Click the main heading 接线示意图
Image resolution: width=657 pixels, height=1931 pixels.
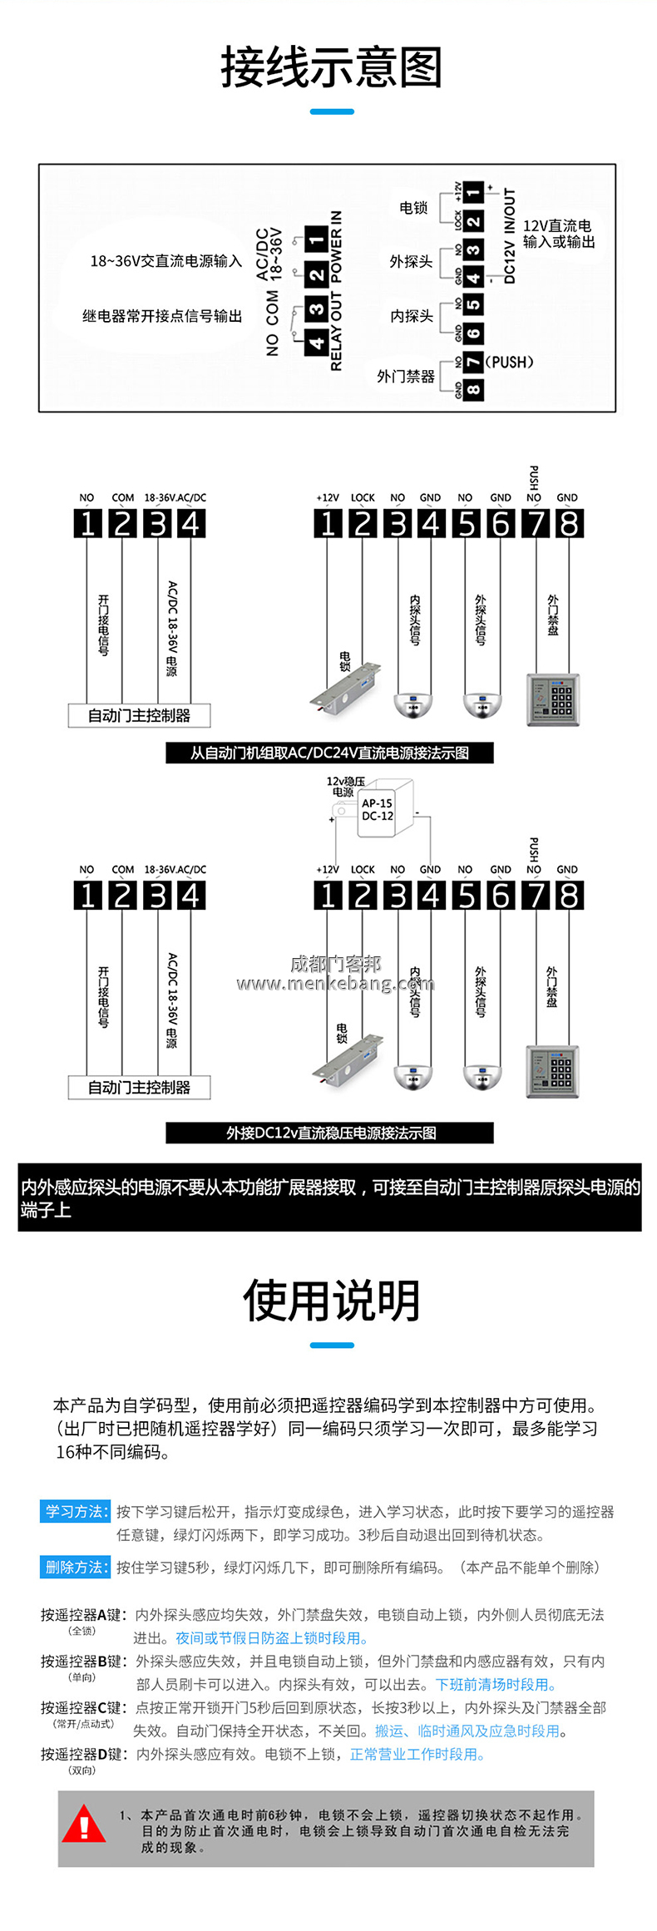331,67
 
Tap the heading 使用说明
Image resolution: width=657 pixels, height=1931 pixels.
331,1301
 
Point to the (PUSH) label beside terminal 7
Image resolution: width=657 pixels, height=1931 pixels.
509,362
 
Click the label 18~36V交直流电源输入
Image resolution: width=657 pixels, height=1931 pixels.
165,261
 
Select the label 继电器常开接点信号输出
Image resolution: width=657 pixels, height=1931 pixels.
162,316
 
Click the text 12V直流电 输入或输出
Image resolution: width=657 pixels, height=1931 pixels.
558,234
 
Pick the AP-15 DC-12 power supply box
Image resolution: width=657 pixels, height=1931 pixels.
378,809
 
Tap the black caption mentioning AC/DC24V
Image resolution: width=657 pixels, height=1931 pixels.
329,753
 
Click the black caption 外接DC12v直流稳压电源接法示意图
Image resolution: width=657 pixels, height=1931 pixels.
329,1133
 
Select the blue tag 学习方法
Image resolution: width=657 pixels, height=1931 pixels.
75,1511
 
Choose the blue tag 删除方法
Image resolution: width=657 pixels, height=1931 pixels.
75,1567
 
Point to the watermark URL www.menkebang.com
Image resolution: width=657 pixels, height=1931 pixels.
334,984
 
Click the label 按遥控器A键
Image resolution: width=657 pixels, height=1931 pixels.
82,1615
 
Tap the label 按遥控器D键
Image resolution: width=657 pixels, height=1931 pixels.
82,1754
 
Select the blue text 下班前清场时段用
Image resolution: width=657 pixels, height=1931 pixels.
496,1684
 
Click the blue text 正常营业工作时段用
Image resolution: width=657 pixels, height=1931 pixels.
417,1754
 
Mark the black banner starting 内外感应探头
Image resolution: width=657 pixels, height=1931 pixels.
329,1197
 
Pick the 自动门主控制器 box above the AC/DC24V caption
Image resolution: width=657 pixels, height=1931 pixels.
139,715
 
